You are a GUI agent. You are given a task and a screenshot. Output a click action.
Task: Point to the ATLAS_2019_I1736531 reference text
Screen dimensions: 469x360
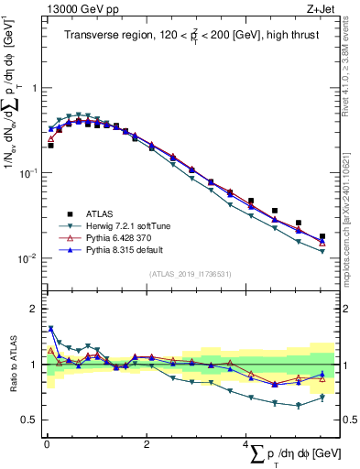click(x=190, y=274)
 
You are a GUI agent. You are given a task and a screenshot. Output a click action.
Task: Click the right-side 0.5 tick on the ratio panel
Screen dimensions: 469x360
click(x=350, y=420)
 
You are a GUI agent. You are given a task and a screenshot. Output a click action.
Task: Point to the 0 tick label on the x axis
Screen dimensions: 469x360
click(x=47, y=444)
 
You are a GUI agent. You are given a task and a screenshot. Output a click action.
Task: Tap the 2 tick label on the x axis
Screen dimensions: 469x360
click(x=147, y=444)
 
